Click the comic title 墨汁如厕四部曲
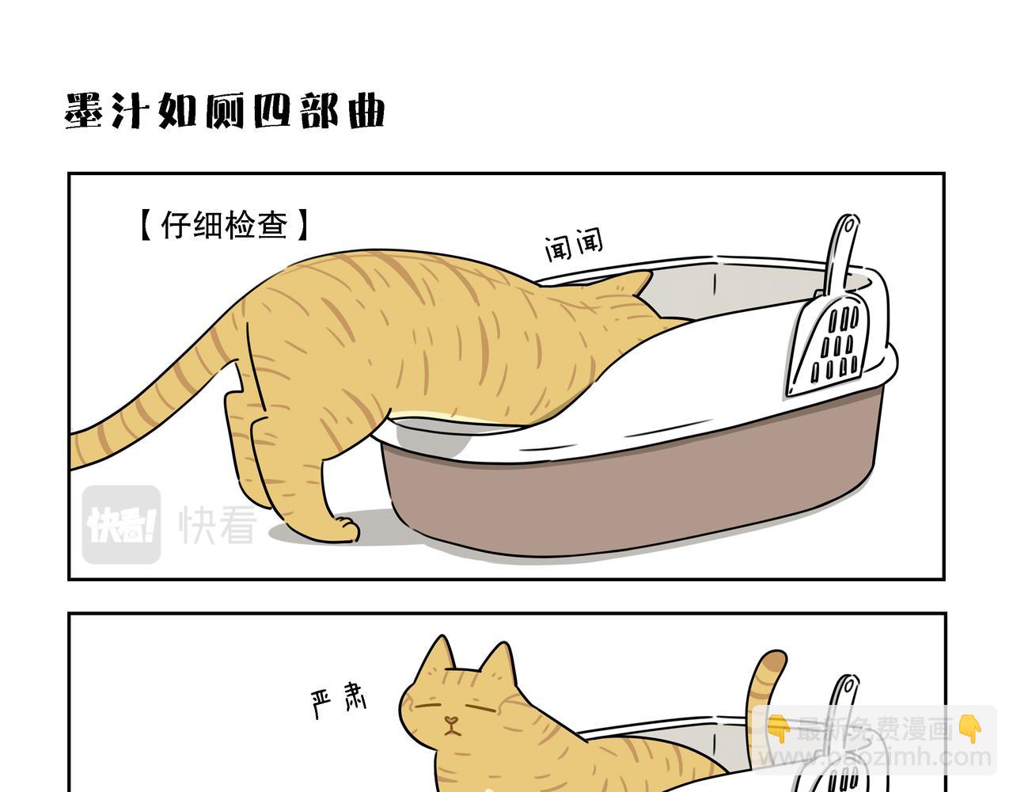click(x=224, y=111)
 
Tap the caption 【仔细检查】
click(x=224, y=225)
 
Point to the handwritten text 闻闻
click(x=574, y=245)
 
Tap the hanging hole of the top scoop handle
click(x=848, y=227)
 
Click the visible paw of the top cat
click(x=347, y=528)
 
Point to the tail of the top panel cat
click(x=154, y=397)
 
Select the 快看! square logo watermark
click(x=121, y=524)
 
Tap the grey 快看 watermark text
click(x=217, y=524)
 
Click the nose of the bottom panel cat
click(x=450, y=722)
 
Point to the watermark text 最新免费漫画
click(x=874, y=730)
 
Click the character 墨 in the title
click(x=84, y=111)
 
